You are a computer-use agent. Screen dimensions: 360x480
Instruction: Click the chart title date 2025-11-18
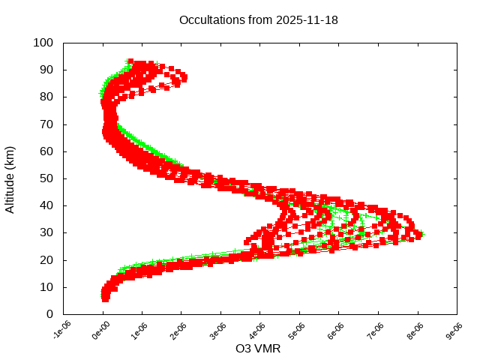pos(307,19)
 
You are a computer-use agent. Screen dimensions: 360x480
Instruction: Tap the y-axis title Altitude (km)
pos(10,178)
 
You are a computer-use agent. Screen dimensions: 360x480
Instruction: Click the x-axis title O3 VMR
pos(259,349)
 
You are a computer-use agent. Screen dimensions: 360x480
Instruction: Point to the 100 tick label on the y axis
pos(43,43)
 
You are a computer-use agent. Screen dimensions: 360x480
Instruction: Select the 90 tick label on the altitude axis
pos(46,70)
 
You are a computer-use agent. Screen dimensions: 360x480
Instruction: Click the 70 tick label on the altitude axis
pos(46,124)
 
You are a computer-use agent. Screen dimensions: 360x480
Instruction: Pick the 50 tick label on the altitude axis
pos(46,178)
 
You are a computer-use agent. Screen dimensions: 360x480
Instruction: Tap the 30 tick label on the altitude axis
pos(46,232)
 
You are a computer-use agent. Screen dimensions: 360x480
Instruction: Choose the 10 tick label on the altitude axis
pos(46,287)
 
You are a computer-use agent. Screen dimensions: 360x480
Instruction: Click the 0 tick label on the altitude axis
pos(49,314)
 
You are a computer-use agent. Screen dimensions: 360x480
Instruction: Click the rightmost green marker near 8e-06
pos(422,233)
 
